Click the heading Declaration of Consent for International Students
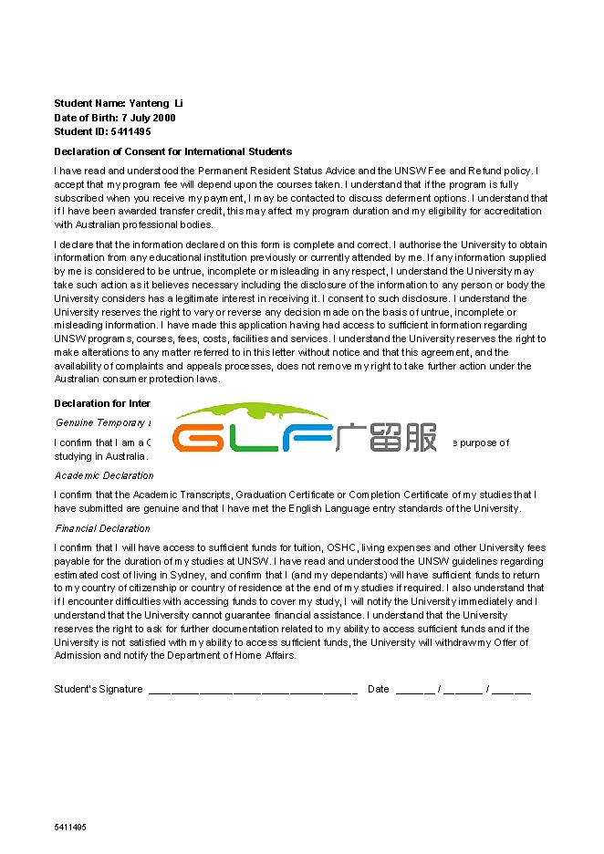pyautogui.click(x=173, y=151)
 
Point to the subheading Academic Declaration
pyautogui.click(x=104, y=475)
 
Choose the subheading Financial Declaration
pyautogui.click(x=102, y=528)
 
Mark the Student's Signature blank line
pyautogui.click(x=252, y=690)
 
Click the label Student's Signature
pyautogui.click(x=98, y=689)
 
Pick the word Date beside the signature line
pyautogui.click(x=379, y=689)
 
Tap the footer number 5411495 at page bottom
pyautogui.click(x=70, y=827)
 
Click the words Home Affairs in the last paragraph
pyautogui.click(x=269, y=655)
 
